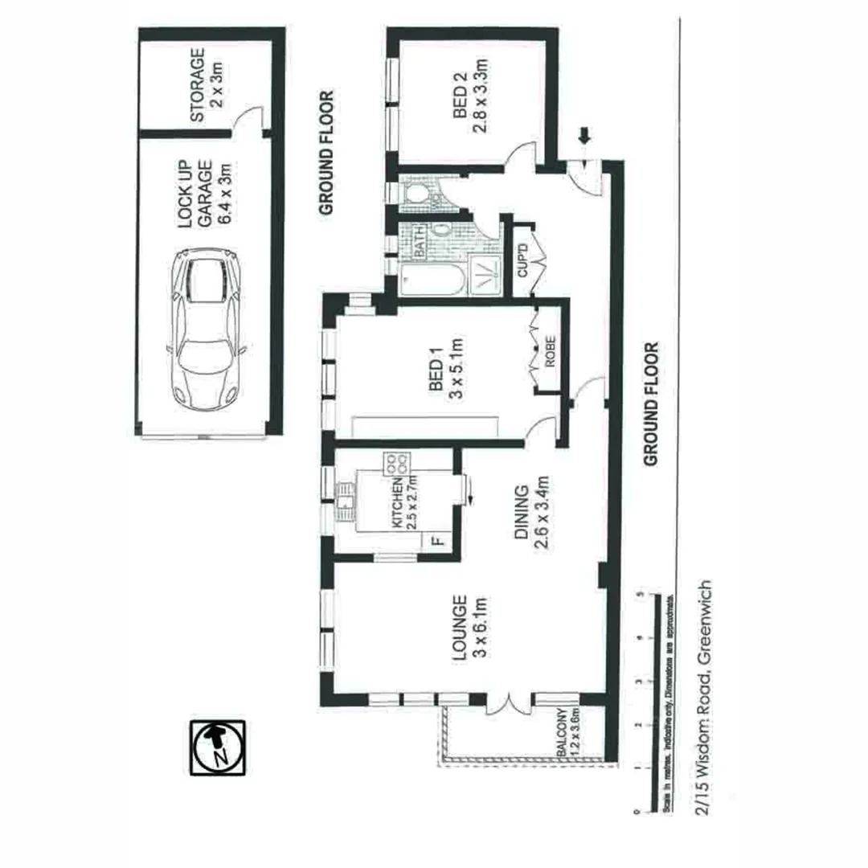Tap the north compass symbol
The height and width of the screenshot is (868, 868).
click(217, 747)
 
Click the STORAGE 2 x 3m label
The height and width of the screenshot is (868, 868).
click(207, 87)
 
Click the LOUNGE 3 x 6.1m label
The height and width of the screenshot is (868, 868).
click(470, 627)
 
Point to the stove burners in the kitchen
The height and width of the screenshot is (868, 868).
click(397, 462)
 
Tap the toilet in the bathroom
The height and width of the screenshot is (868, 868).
click(417, 194)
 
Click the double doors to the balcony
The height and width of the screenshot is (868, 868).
click(510, 703)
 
